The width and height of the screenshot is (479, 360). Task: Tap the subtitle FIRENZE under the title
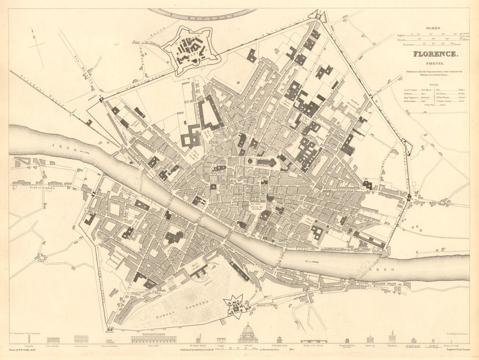coord(435,63)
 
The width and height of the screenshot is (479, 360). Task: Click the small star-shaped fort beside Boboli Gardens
coord(234,306)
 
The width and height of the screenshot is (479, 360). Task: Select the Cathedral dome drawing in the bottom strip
coord(247,333)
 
